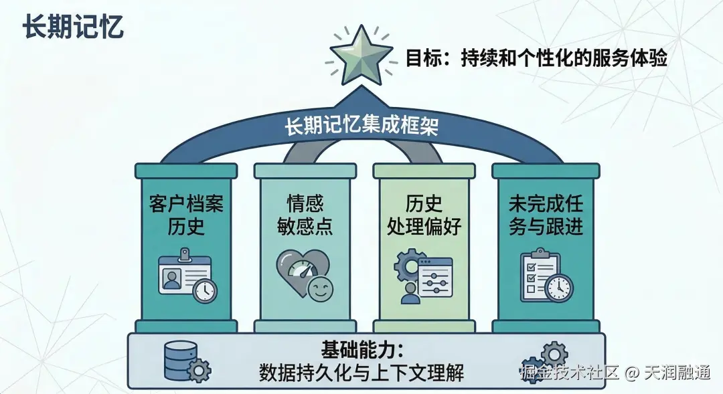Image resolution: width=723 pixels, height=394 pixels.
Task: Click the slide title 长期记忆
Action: pyautogui.click(x=72, y=29)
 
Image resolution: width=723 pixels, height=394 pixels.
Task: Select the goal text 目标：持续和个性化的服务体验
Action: pyautogui.click(x=536, y=58)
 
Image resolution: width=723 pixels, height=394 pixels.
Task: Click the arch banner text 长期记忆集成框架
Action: pyautogui.click(x=361, y=126)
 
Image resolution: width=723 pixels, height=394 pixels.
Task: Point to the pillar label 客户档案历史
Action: pyautogui.click(x=185, y=214)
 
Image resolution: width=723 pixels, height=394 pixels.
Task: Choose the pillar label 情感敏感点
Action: pyautogui.click(x=305, y=214)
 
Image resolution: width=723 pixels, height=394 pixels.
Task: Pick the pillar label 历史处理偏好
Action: pyautogui.click(x=424, y=214)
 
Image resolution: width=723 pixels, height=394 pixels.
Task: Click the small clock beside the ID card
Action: pyautogui.click(x=204, y=290)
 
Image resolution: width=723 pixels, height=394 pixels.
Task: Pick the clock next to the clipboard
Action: pyautogui.click(x=558, y=288)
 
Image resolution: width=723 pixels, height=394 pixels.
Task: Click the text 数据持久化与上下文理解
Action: pyautogui.click(x=361, y=373)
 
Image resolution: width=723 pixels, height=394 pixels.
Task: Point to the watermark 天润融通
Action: pyautogui.click(x=677, y=373)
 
